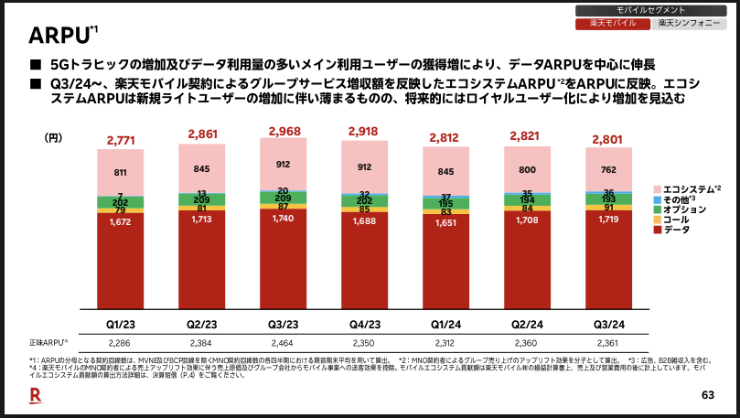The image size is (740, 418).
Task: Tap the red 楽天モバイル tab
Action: pos(612,23)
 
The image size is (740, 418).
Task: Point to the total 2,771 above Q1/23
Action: pos(122,140)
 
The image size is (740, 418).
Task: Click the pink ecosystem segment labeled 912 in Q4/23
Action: pos(364,166)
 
